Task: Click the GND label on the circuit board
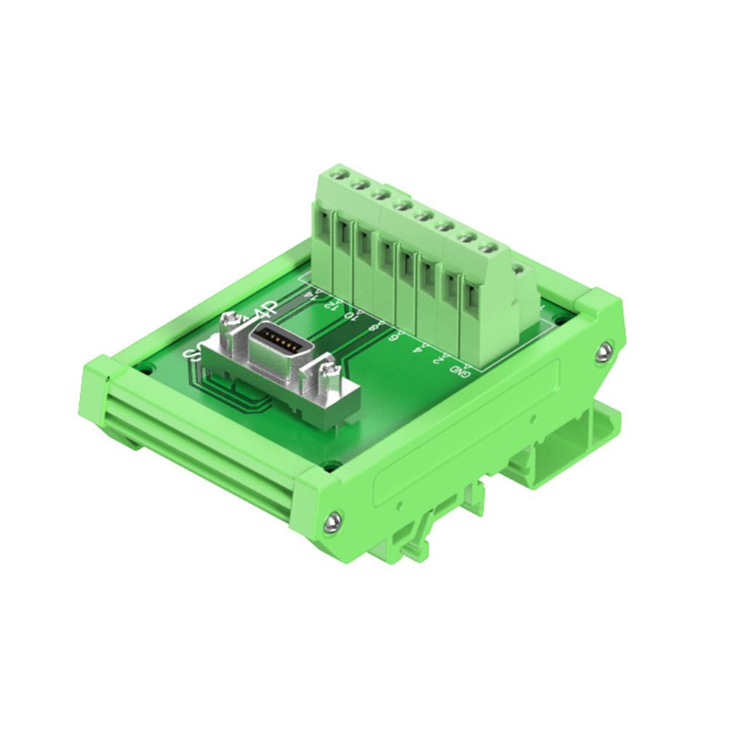coord(459,370)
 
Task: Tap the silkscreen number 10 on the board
coord(352,315)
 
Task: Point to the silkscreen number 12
coord(331,304)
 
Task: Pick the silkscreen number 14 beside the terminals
coord(312,294)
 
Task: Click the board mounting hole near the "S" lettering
coord(148,368)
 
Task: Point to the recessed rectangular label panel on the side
coord(465,436)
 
